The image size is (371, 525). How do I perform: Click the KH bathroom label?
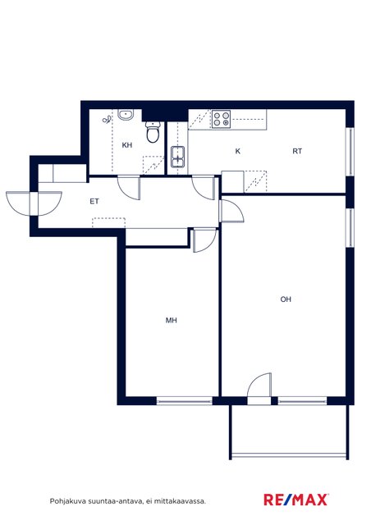[127, 145]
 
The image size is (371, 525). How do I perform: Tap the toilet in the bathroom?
[153, 132]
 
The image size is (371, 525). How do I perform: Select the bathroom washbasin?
[126, 115]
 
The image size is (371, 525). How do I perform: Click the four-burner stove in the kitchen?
[222, 119]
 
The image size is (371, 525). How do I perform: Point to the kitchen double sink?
[177, 157]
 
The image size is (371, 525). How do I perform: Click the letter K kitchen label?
[237, 151]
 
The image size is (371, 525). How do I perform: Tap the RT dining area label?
[297, 151]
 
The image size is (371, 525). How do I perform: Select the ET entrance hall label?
[94, 201]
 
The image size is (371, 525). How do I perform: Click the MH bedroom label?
[172, 321]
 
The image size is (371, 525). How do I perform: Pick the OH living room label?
[286, 299]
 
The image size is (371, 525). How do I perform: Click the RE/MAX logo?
[296, 500]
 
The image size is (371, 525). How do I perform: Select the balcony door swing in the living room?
[259, 385]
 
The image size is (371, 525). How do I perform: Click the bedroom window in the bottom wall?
[185, 400]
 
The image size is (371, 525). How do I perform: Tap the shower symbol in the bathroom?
[107, 119]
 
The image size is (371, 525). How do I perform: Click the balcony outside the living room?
[289, 431]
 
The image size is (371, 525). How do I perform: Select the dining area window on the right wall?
[350, 151]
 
